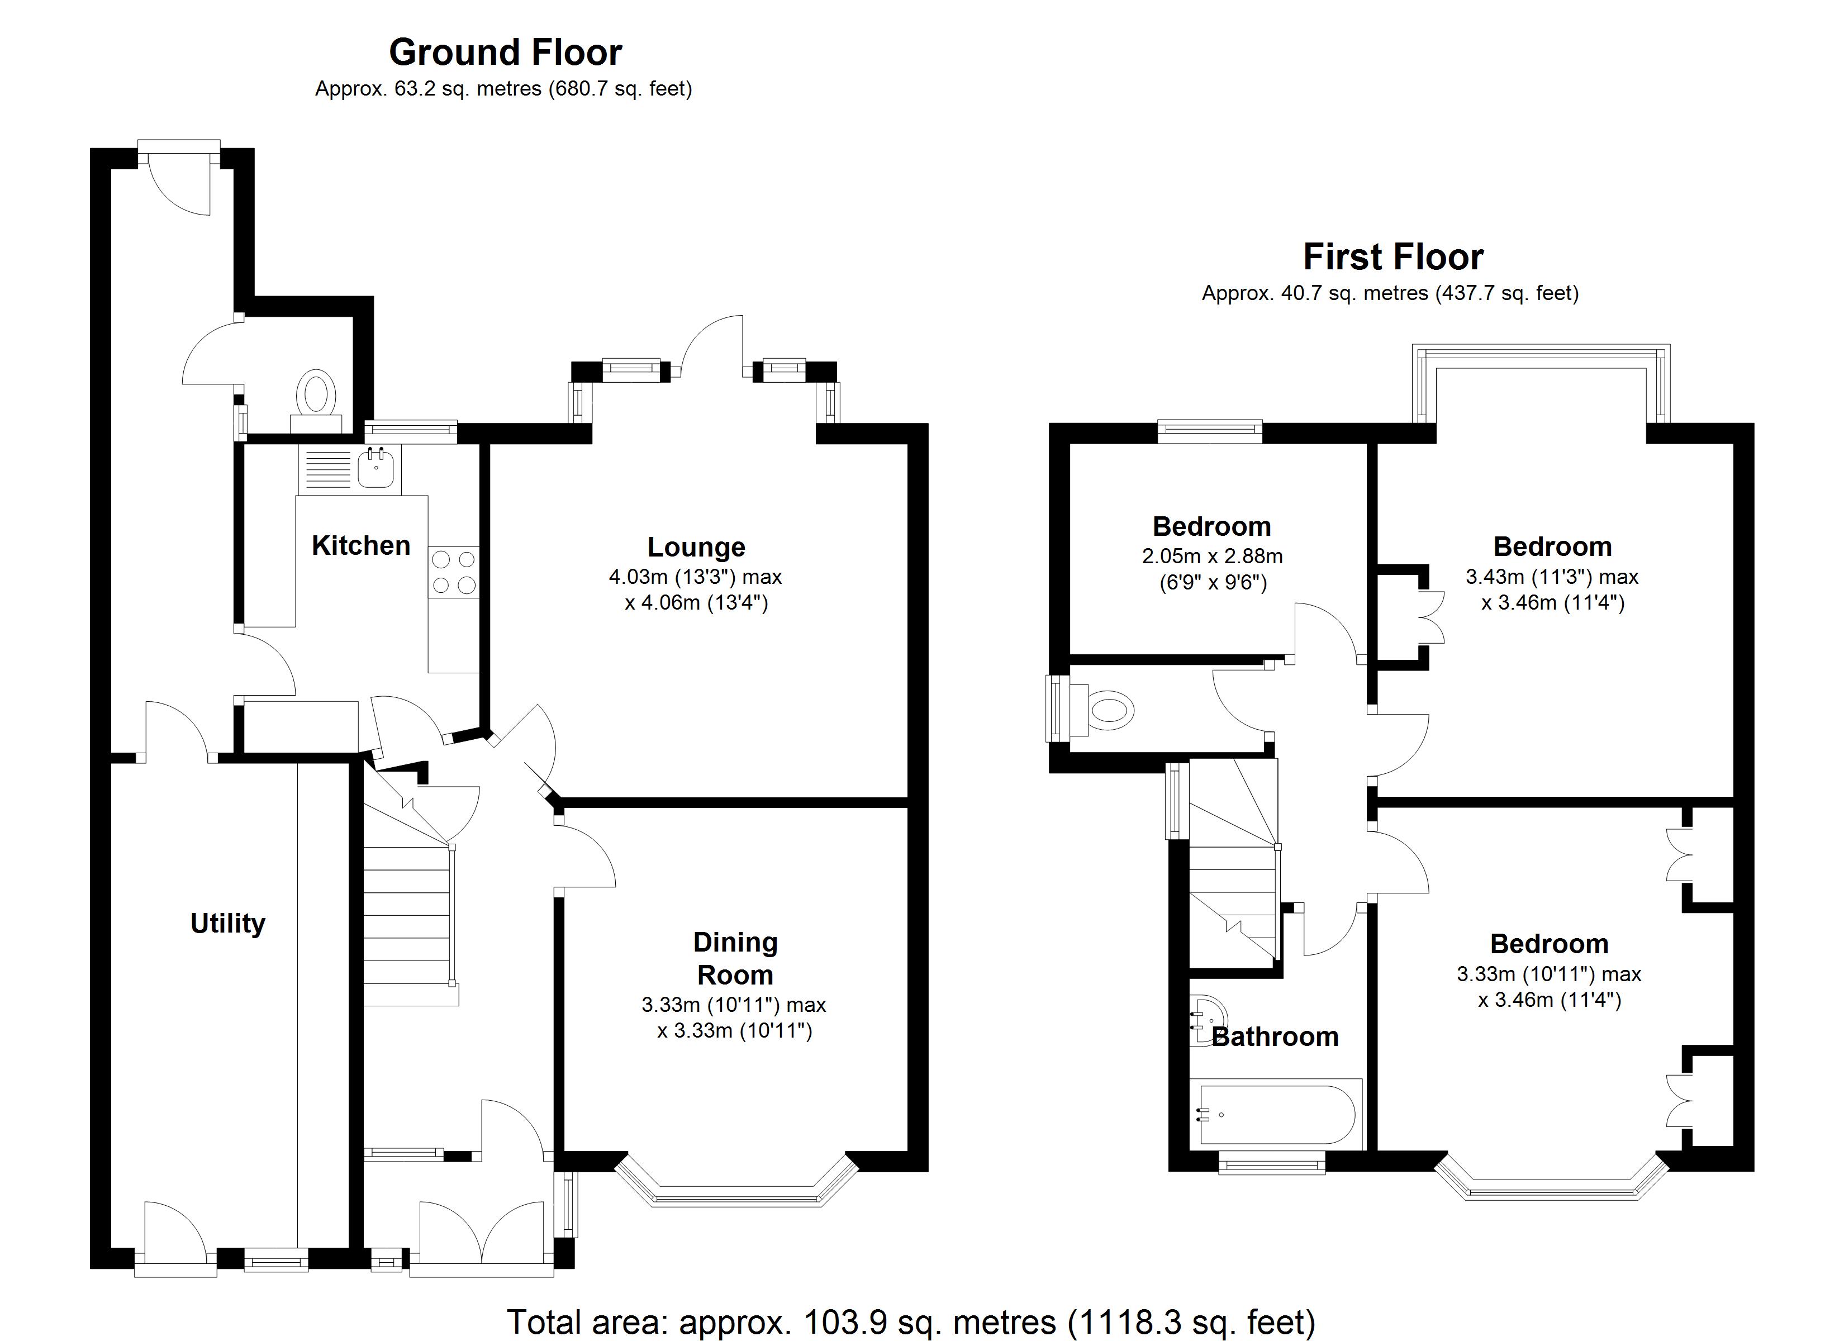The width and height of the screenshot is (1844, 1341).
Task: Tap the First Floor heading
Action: [1392, 257]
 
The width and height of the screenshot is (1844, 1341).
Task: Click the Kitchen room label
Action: [361, 546]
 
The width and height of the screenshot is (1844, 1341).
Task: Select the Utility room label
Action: [227, 923]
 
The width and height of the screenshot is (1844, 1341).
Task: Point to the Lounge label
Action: [696, 548]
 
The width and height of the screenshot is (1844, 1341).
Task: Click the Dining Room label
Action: [735, 958]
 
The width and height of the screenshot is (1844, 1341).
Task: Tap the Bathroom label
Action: [1274, 1037]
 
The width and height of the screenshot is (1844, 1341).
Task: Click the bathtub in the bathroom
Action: [1274, 1114]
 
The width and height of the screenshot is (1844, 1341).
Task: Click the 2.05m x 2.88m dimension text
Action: [1211, 557]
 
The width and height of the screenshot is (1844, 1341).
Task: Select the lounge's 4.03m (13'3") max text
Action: [695, 577]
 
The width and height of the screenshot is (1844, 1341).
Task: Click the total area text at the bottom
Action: [911, 1321]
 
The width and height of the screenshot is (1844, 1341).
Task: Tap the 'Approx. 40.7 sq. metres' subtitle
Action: [1390, 293]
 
